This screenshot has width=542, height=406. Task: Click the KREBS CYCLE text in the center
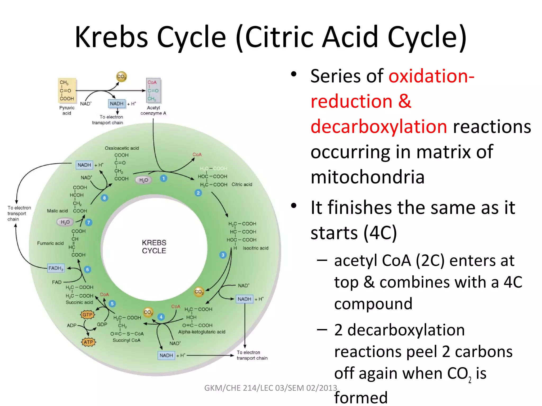154,247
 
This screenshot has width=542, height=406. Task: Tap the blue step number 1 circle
164,178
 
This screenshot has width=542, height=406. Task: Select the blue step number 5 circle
112,304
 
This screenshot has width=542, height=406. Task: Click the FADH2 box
56,268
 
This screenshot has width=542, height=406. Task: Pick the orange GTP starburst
87,315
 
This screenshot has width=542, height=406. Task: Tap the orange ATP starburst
88,342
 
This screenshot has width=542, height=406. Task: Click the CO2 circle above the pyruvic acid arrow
121,77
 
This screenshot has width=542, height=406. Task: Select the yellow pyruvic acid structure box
67,90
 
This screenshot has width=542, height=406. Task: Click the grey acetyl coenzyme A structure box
153,90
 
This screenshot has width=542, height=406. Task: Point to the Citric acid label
242,184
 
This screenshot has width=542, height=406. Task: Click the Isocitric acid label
255,248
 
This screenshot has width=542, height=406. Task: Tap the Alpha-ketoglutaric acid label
202,332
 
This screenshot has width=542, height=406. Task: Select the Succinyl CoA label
127,340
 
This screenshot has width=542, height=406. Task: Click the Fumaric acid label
50,243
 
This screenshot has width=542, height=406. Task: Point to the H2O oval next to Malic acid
65,222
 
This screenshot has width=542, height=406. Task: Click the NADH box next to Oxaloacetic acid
84,165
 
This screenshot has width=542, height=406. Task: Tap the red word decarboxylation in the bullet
379,127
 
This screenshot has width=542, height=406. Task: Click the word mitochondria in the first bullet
367,177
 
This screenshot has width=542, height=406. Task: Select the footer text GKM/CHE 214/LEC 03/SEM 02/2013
270,388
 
